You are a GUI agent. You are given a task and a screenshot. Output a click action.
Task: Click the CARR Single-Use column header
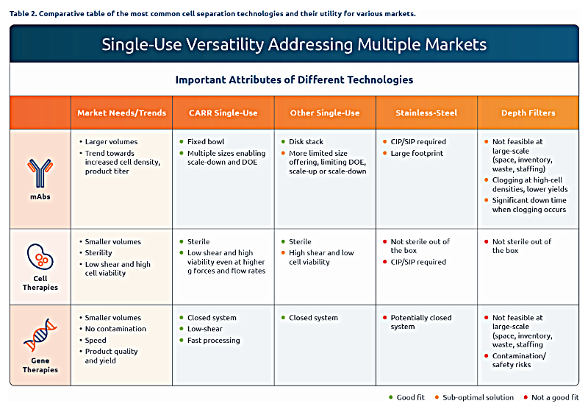tap(223, 113)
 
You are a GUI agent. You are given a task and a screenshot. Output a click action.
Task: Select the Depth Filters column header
tap(528, 113)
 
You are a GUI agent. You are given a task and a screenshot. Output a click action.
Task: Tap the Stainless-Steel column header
tap(426, 113)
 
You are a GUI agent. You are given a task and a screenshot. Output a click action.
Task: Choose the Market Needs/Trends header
tap(121, 113)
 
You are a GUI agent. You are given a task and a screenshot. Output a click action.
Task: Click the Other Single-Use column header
tap(325, 113)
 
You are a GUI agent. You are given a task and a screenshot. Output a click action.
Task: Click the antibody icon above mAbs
tap(40, 173)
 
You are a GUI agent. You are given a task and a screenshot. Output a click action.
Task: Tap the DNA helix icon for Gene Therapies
tap(40, 335)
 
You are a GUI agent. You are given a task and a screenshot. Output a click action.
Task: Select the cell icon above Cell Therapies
tap(40, 257)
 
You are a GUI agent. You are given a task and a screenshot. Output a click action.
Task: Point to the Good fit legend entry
tap(407, 397)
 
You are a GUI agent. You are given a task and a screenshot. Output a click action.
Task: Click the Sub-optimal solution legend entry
tap(474, 397)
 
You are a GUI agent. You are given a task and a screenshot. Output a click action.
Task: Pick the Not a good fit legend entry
tap(551, 397)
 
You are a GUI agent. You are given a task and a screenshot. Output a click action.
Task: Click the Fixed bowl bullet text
tap(206, 141)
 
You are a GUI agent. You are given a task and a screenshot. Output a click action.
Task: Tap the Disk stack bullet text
tap(306, 141)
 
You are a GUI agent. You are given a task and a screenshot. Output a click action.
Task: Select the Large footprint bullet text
tap(417, 153)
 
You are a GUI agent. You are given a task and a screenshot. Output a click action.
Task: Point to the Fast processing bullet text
tap(213, 341)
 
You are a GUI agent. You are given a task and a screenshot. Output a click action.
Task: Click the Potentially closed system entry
tap(420, 322)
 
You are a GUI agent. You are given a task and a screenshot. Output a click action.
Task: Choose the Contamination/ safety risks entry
tap(519, 360)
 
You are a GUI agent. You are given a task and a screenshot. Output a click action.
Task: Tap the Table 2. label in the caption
tap(23, 14)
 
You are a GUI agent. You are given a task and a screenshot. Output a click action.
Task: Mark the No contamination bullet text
tap(115, 329)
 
